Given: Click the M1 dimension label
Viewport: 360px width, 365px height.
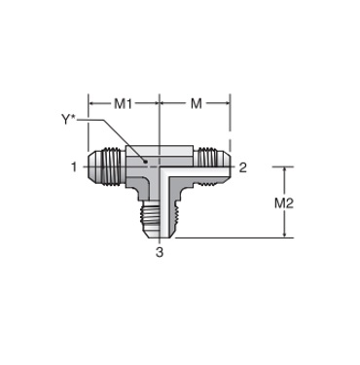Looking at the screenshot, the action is coord(123,104).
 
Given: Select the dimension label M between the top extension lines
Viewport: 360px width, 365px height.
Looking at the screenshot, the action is coord(196,104).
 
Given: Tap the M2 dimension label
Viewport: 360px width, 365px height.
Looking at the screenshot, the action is coord(284,203).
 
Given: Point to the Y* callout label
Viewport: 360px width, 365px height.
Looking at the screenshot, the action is coord(68,120).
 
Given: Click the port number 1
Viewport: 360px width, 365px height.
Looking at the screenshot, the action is coord(74,167).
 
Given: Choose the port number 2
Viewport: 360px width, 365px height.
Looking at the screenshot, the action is coord(242,167).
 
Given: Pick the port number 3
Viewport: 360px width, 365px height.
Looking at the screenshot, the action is coord(160,252).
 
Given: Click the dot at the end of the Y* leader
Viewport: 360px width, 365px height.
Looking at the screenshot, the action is coord(146,162).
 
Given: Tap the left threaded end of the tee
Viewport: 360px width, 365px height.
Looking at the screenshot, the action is coord(106,166).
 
